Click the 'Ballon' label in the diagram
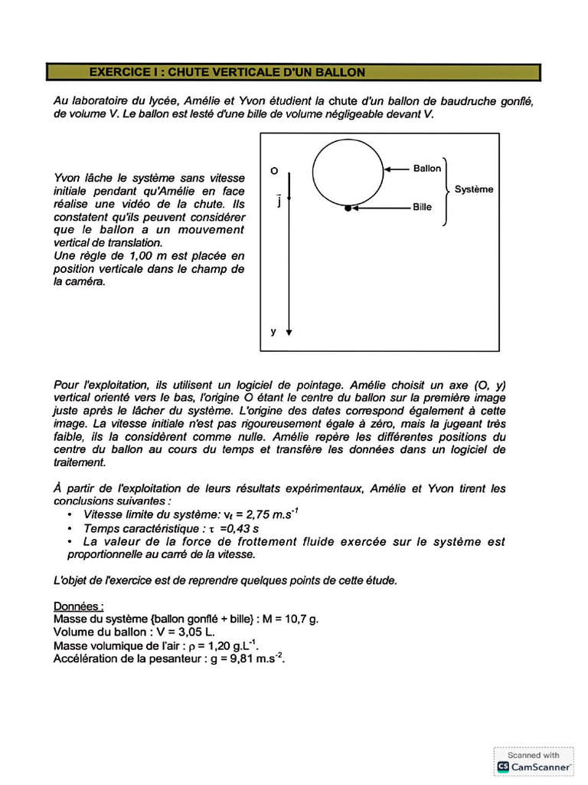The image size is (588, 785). point(427,169)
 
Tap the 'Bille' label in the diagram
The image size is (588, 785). point(422,207)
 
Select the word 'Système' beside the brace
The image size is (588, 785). point(474,189)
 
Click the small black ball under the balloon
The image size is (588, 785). point(348,208)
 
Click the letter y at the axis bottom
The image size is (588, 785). point(273,332)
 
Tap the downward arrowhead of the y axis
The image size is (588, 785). point(289,332)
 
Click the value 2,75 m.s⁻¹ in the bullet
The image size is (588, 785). point(260,514)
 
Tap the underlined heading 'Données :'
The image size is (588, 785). point(79,606)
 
